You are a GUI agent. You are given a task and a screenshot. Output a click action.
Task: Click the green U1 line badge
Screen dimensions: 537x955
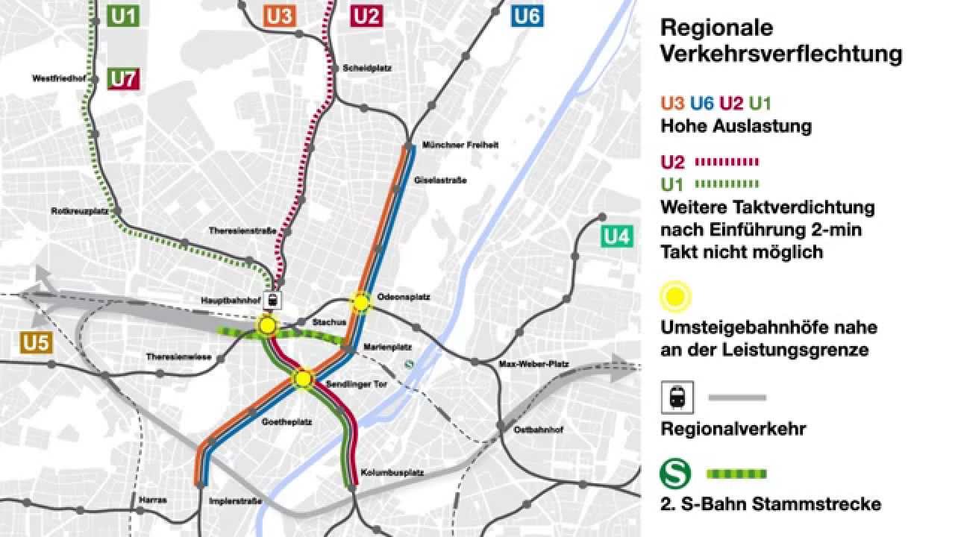tap(124, 16)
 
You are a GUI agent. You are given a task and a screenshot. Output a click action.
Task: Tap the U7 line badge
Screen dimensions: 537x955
tap(124, 78)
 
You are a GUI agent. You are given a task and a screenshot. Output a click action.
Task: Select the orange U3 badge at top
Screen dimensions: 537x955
tap(278, 16)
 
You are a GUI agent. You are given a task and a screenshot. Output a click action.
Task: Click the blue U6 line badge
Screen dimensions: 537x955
tap(527, 16)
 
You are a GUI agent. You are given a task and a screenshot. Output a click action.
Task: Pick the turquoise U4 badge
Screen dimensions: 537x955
tap(618, 237)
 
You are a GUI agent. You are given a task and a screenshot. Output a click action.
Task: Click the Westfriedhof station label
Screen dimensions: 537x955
tap(55, 78)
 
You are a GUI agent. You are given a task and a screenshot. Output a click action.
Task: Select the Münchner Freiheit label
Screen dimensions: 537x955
tap(460, 145)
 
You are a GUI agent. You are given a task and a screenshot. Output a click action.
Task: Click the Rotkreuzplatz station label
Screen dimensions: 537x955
tap(81, 211)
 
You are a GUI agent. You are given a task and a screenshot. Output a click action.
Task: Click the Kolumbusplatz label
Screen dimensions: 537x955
tap(382, 473)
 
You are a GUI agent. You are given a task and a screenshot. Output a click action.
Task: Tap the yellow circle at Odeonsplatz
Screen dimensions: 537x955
tap(361, 302)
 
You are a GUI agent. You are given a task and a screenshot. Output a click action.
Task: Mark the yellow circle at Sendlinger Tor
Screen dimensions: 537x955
tap(303, 379)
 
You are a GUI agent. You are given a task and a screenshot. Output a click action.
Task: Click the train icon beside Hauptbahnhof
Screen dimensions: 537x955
tap(274, 301)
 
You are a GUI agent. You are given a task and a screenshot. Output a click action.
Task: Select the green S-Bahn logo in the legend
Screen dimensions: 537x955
tap(676, 474)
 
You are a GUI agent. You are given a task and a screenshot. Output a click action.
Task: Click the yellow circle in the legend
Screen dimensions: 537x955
tap(676, 295)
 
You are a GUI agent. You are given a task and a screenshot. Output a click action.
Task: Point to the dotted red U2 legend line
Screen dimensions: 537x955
tap(726, 162)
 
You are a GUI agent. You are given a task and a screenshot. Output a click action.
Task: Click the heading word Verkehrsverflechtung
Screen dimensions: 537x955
tap(781, 54)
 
